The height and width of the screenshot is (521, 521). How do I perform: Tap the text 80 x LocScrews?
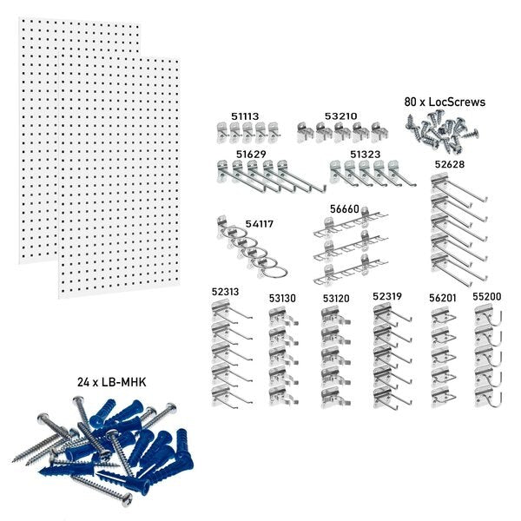pos(445,102)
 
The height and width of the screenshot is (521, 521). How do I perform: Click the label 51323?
pos(366,154)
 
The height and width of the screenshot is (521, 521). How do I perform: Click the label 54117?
pos(259,223)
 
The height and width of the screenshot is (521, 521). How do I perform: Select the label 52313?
pos(225,292)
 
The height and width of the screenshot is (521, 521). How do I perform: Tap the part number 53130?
pos(282,298)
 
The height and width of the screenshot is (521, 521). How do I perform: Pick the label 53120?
pos(336,298)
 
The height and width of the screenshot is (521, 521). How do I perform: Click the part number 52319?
pos(387,296)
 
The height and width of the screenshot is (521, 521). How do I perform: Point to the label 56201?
pos(443,298)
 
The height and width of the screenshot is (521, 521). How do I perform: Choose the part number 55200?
pos(486,296)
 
